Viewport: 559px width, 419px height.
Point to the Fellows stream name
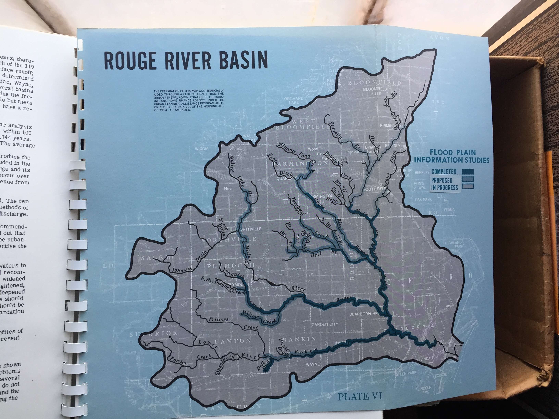[219, 320]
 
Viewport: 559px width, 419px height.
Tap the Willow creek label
[250, 315]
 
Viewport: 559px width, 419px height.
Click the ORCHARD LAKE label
[294, 100]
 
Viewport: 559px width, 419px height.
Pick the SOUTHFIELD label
[374, 189]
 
